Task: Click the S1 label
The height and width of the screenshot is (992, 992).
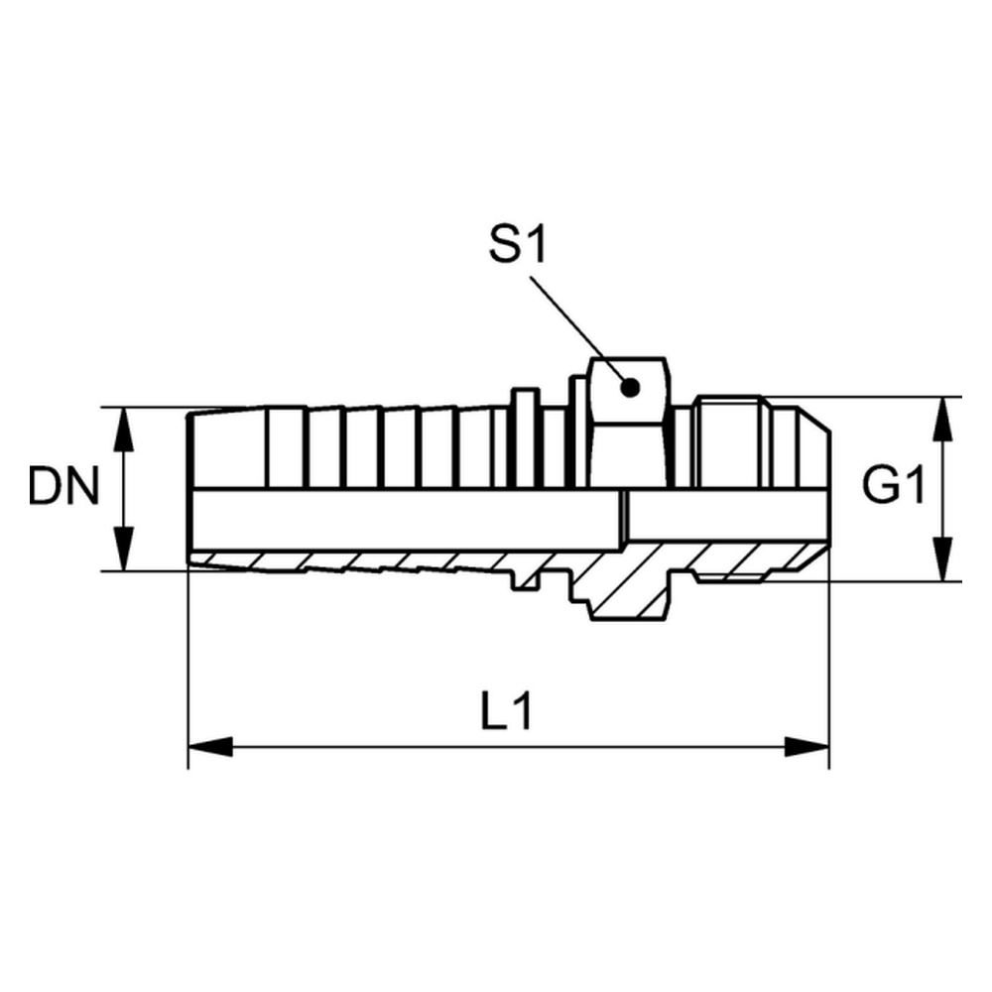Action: [x=518, y=245]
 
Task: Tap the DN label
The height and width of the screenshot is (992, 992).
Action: [x=64, y=486]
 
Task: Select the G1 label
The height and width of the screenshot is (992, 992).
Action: [x=894, y=485]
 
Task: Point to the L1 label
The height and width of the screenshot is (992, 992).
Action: [x=506, y=711]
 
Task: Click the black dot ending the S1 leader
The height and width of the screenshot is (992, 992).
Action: [x=630, y=388]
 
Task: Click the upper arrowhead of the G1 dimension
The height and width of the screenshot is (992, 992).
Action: [x=943, y=419]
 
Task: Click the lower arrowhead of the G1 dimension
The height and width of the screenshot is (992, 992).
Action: [x=943, y=559]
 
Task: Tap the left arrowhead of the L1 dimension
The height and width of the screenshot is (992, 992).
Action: [x=210, y=747]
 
